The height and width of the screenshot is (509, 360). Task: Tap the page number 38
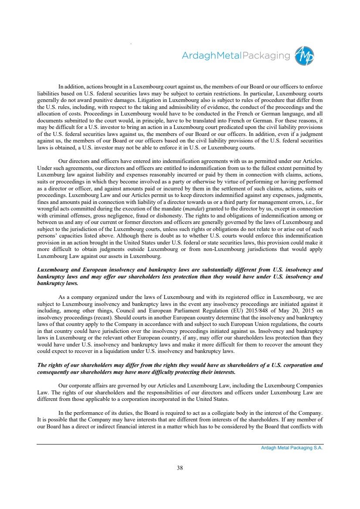coord(180,468)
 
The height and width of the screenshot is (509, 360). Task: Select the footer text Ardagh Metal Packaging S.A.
coord(289,448)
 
